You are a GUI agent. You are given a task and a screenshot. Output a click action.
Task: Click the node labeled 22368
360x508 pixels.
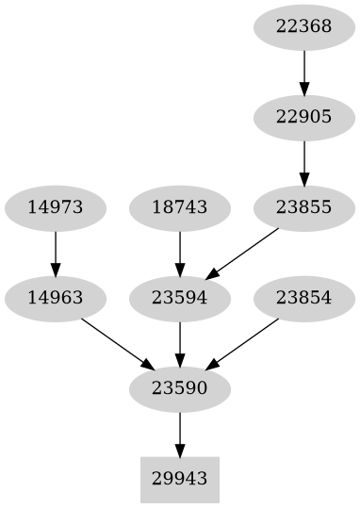pyautogui.click(x=303, y=26)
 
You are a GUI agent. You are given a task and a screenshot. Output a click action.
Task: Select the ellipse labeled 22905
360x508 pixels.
pyautogui.click(x=303, y=117)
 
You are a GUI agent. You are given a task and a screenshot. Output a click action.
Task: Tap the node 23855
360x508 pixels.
pyautogui.click(x=303, y=207)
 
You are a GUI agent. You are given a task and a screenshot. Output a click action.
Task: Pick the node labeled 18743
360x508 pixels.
pyautogui.click(x=179, y=207)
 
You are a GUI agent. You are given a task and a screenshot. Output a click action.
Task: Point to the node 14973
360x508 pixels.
pyautogui.click(x=55, y=207)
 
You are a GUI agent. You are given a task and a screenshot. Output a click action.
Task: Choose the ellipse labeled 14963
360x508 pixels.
pyautogui.click(x=55, y=298)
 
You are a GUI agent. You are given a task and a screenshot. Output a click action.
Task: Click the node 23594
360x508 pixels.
pyautogui.click(x=179, y=298)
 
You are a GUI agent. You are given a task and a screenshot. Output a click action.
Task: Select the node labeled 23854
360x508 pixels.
pyautogui.click(x=303, y=298)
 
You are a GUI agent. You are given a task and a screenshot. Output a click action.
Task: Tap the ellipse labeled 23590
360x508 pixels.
pyautogui.click(x=179, y=388)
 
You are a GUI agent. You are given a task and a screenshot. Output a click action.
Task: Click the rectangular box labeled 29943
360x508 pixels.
pyautogui.click(x=179, y=479)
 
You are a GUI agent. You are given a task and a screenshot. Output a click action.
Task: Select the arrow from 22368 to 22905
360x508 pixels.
pyautogui.click(x=303, y=72)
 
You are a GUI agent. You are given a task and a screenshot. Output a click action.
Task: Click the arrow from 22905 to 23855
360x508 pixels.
pyautogui.click(x=303, y=162)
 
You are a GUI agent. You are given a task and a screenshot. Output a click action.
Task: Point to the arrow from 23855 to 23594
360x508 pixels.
pyautogui.click(x=242, y=253)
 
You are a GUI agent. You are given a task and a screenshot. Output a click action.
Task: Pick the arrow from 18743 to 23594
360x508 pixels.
pyautogui.click(x=179, y=253)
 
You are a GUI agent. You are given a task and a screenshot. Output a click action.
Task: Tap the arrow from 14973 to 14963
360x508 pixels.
pyautogui.click(x=55, y=253)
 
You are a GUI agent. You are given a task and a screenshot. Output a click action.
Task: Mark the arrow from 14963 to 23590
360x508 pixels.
pyautogui.click(x=116, y=343)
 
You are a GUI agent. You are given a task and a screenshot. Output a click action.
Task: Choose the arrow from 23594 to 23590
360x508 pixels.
pyautogui.click(x=179, y=343)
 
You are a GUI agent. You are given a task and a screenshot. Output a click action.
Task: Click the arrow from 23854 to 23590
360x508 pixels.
pyautogui.click(x=242, y=343)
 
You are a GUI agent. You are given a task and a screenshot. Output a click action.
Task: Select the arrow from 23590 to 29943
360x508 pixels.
pyautogui.click(x=179, y=434)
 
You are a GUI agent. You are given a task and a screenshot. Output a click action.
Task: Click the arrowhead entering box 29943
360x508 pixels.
pyautogui.click(x=179, y=450)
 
